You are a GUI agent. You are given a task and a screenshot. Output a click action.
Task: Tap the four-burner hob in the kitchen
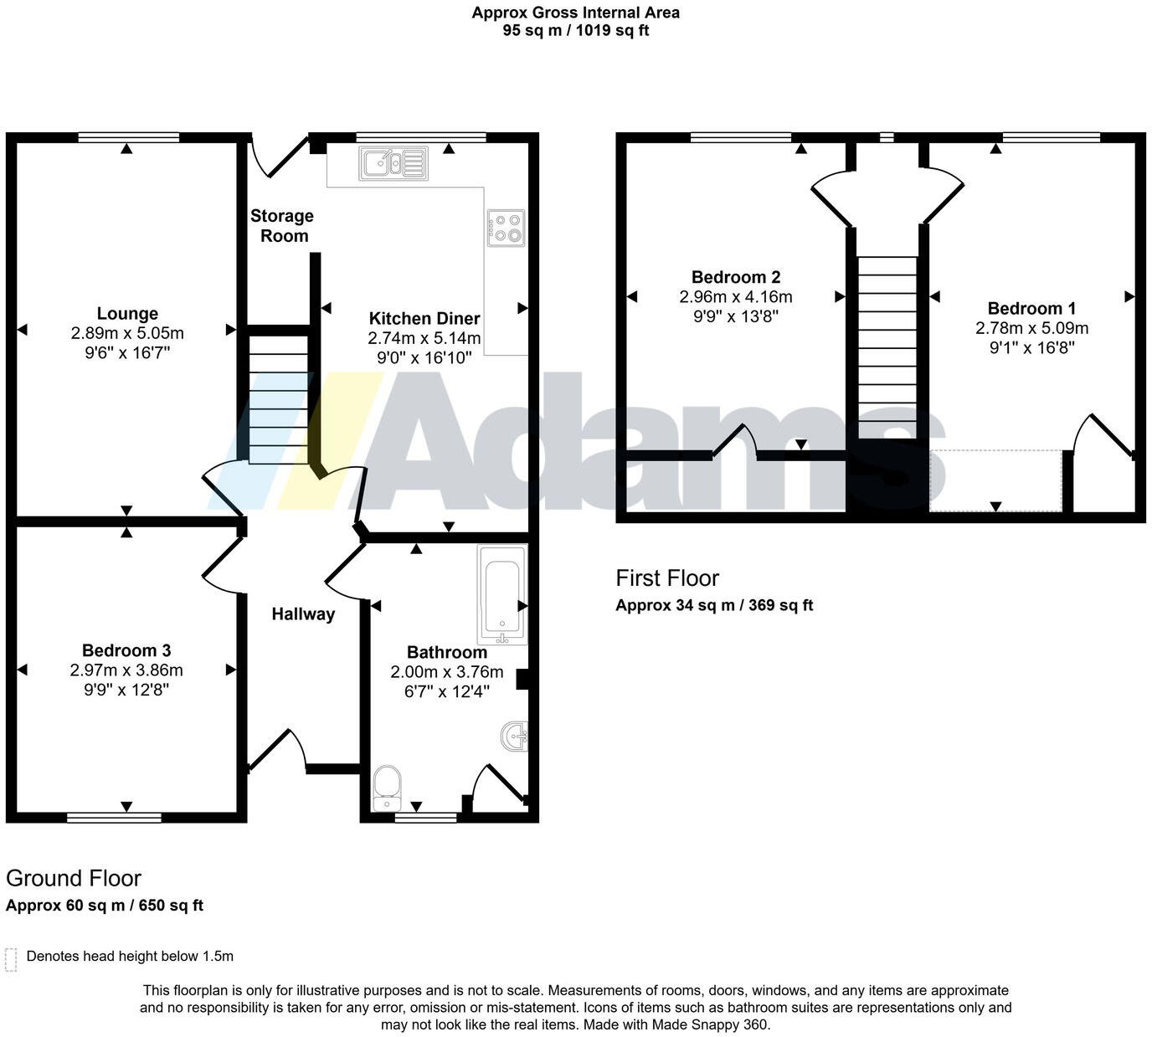[506, 228]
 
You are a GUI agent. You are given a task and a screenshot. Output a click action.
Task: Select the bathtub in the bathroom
[501, 594]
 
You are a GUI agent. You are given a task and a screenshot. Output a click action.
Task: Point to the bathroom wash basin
[514, 737]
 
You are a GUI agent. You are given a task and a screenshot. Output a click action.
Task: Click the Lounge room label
[127, 313]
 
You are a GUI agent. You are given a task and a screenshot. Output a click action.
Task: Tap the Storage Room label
[282, 226]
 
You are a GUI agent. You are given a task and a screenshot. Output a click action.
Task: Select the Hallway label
[303, 614]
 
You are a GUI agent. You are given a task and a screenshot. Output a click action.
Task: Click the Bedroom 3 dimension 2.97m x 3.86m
[126, 670]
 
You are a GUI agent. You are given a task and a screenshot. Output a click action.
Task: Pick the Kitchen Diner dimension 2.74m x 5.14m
[424, 338]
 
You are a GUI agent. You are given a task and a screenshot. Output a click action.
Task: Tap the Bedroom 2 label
[736, 277]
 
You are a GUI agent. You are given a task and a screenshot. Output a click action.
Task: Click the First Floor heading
[667, 578]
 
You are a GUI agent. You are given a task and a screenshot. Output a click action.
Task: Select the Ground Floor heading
[74, 878]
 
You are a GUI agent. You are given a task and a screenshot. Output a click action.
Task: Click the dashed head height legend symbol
[11, 959]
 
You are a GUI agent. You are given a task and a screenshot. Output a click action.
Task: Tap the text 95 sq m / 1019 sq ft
[575, 31]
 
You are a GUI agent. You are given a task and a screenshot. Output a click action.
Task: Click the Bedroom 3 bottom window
[115, 817]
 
